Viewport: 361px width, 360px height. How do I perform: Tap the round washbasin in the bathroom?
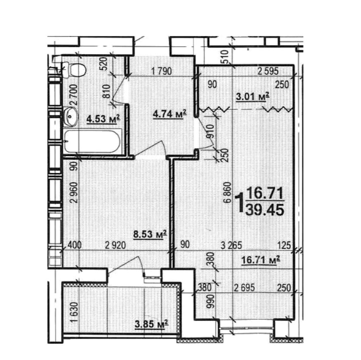70,116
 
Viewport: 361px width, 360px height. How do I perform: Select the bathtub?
92,141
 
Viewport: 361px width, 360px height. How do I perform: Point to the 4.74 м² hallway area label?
170,114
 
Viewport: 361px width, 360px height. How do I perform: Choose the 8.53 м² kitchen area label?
150,234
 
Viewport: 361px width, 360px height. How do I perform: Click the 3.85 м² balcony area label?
151,324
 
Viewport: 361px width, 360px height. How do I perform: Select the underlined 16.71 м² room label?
260,260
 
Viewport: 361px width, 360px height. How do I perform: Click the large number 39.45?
265,210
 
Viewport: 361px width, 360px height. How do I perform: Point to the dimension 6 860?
227,192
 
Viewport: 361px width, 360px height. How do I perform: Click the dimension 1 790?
161,71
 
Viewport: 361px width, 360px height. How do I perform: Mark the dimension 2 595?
268,71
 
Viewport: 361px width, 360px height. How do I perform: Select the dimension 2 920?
115,245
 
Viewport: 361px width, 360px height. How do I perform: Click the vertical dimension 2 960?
74,192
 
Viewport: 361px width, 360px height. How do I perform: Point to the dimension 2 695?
245,288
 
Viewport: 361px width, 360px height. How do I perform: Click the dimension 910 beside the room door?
211,131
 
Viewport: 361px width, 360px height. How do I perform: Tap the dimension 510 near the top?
225,57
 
